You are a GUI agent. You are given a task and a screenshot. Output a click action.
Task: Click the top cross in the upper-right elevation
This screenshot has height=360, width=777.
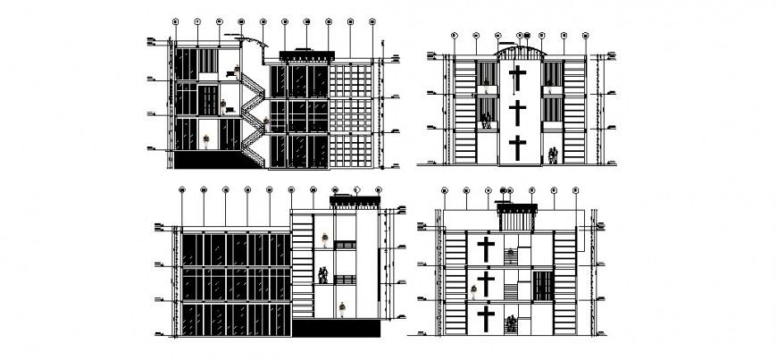[516, 78]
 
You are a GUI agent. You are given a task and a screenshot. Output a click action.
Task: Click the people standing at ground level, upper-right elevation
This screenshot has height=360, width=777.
[554, 155]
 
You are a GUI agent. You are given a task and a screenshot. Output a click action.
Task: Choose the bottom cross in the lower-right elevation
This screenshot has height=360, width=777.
[487, 318]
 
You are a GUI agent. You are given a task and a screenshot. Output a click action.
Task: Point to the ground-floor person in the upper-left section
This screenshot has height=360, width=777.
[209, 141]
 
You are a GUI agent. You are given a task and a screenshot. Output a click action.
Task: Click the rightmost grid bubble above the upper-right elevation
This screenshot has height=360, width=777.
[585, 36]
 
